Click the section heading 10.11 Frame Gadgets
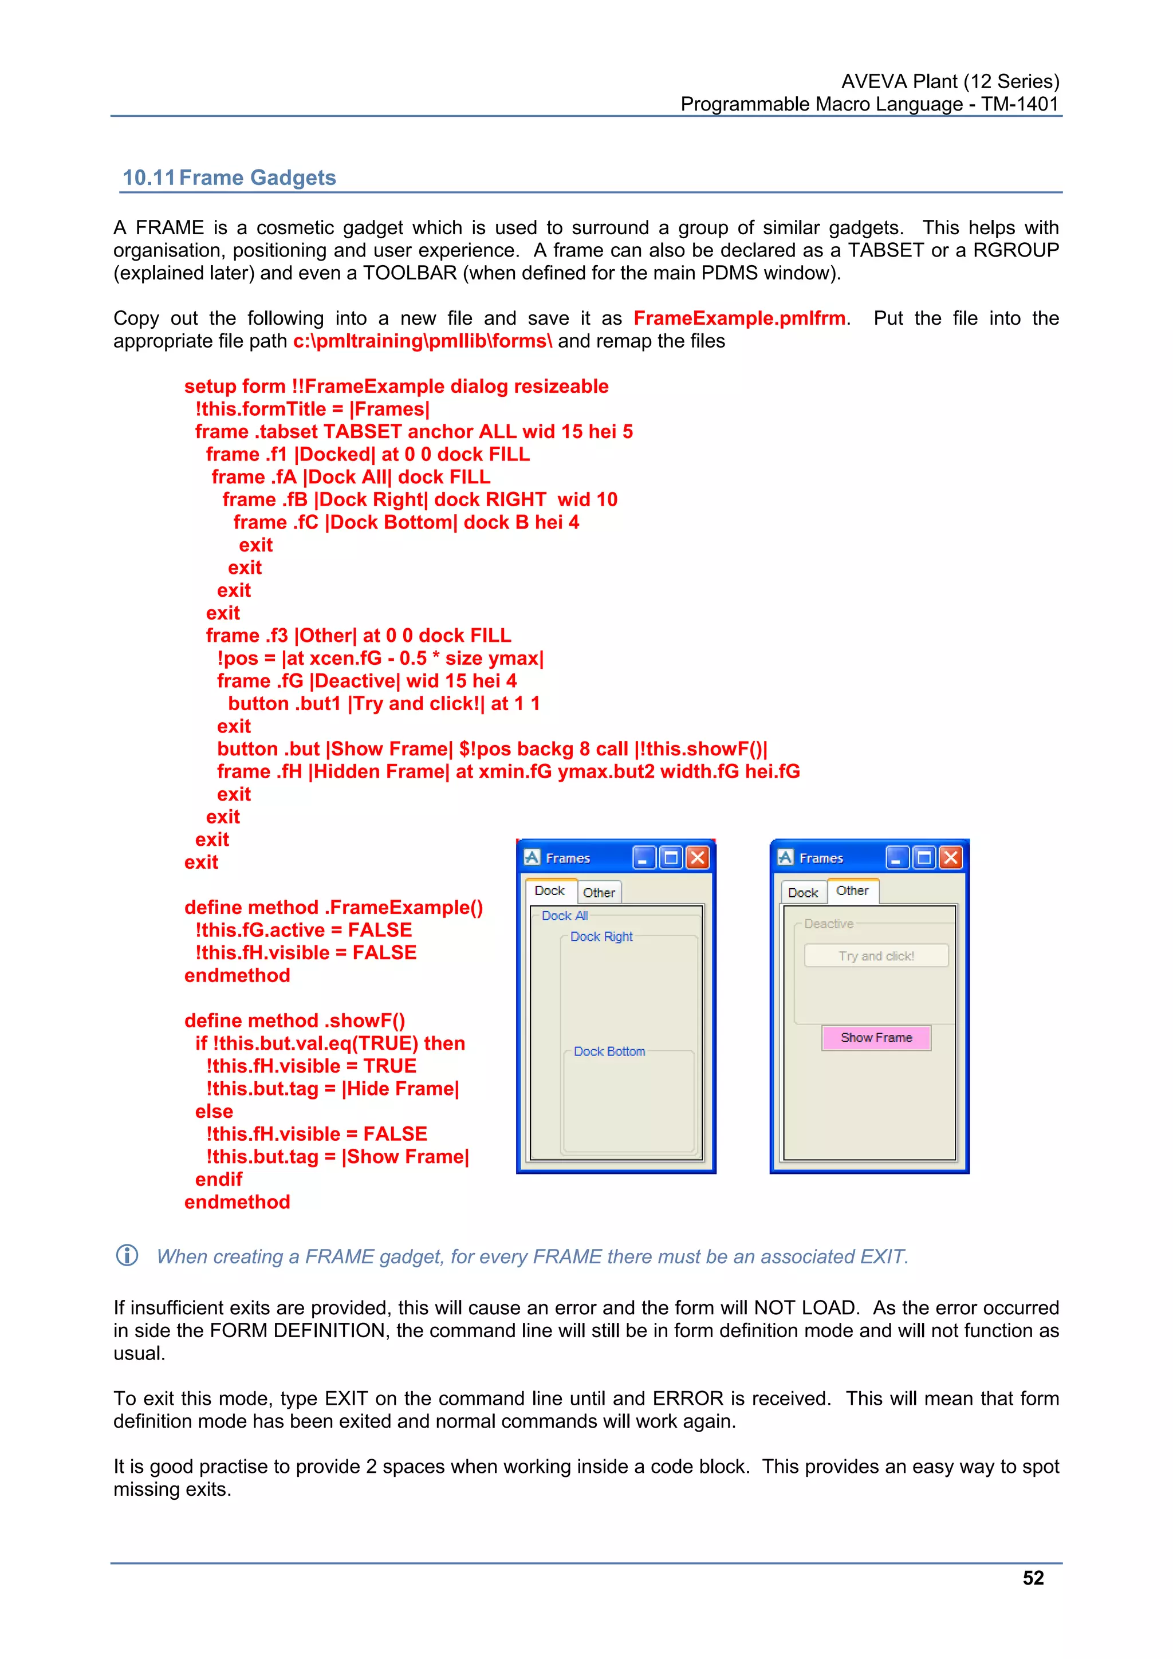[x=229, y=178]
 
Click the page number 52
[x=1033, y=1578]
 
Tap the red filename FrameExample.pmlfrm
[x=739, y=318]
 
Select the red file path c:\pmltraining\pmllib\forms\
[x=422, y=341]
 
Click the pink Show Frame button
[x=876, y=1038]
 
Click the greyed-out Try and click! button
[x=876, y=956]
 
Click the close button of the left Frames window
[x=698, y=858]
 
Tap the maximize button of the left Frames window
[x=671, y=858]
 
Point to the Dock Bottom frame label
[x=609, y=1051]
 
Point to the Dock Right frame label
[x=601, y=936]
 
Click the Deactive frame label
[x=828, y=924]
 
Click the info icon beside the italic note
[x=127, y=1255]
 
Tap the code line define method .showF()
[x=294, y=1020]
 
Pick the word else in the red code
[x=214, y=1112]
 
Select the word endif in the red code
[x=218, y=1179]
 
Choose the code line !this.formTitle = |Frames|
[x=312, y=409]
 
